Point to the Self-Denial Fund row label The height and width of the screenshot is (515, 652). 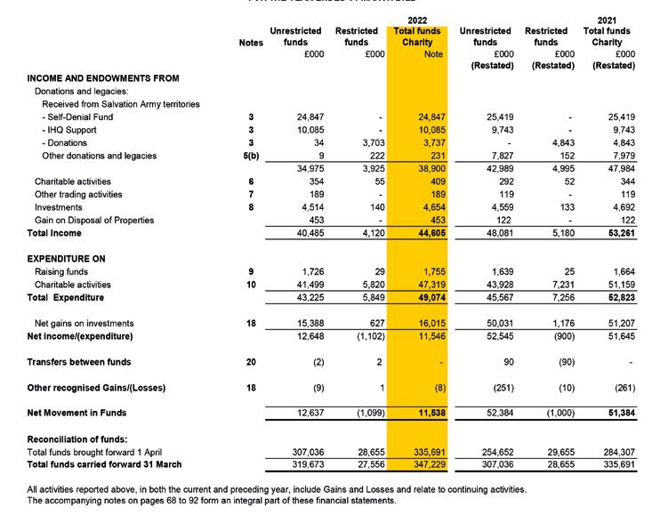[77, 117]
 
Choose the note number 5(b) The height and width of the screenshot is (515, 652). [252, 156]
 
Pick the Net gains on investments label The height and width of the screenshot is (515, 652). [84, 324]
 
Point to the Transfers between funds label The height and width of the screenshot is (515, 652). [79, 362]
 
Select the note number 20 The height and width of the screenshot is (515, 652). [252, 362]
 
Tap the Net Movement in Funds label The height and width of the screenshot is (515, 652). [76, 414]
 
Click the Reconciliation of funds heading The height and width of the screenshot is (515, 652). [77, 439]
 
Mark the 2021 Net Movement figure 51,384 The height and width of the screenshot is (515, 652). [617, 414]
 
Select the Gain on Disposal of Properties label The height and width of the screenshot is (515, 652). [93, 220]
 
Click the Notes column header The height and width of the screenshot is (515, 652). [252, 43]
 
